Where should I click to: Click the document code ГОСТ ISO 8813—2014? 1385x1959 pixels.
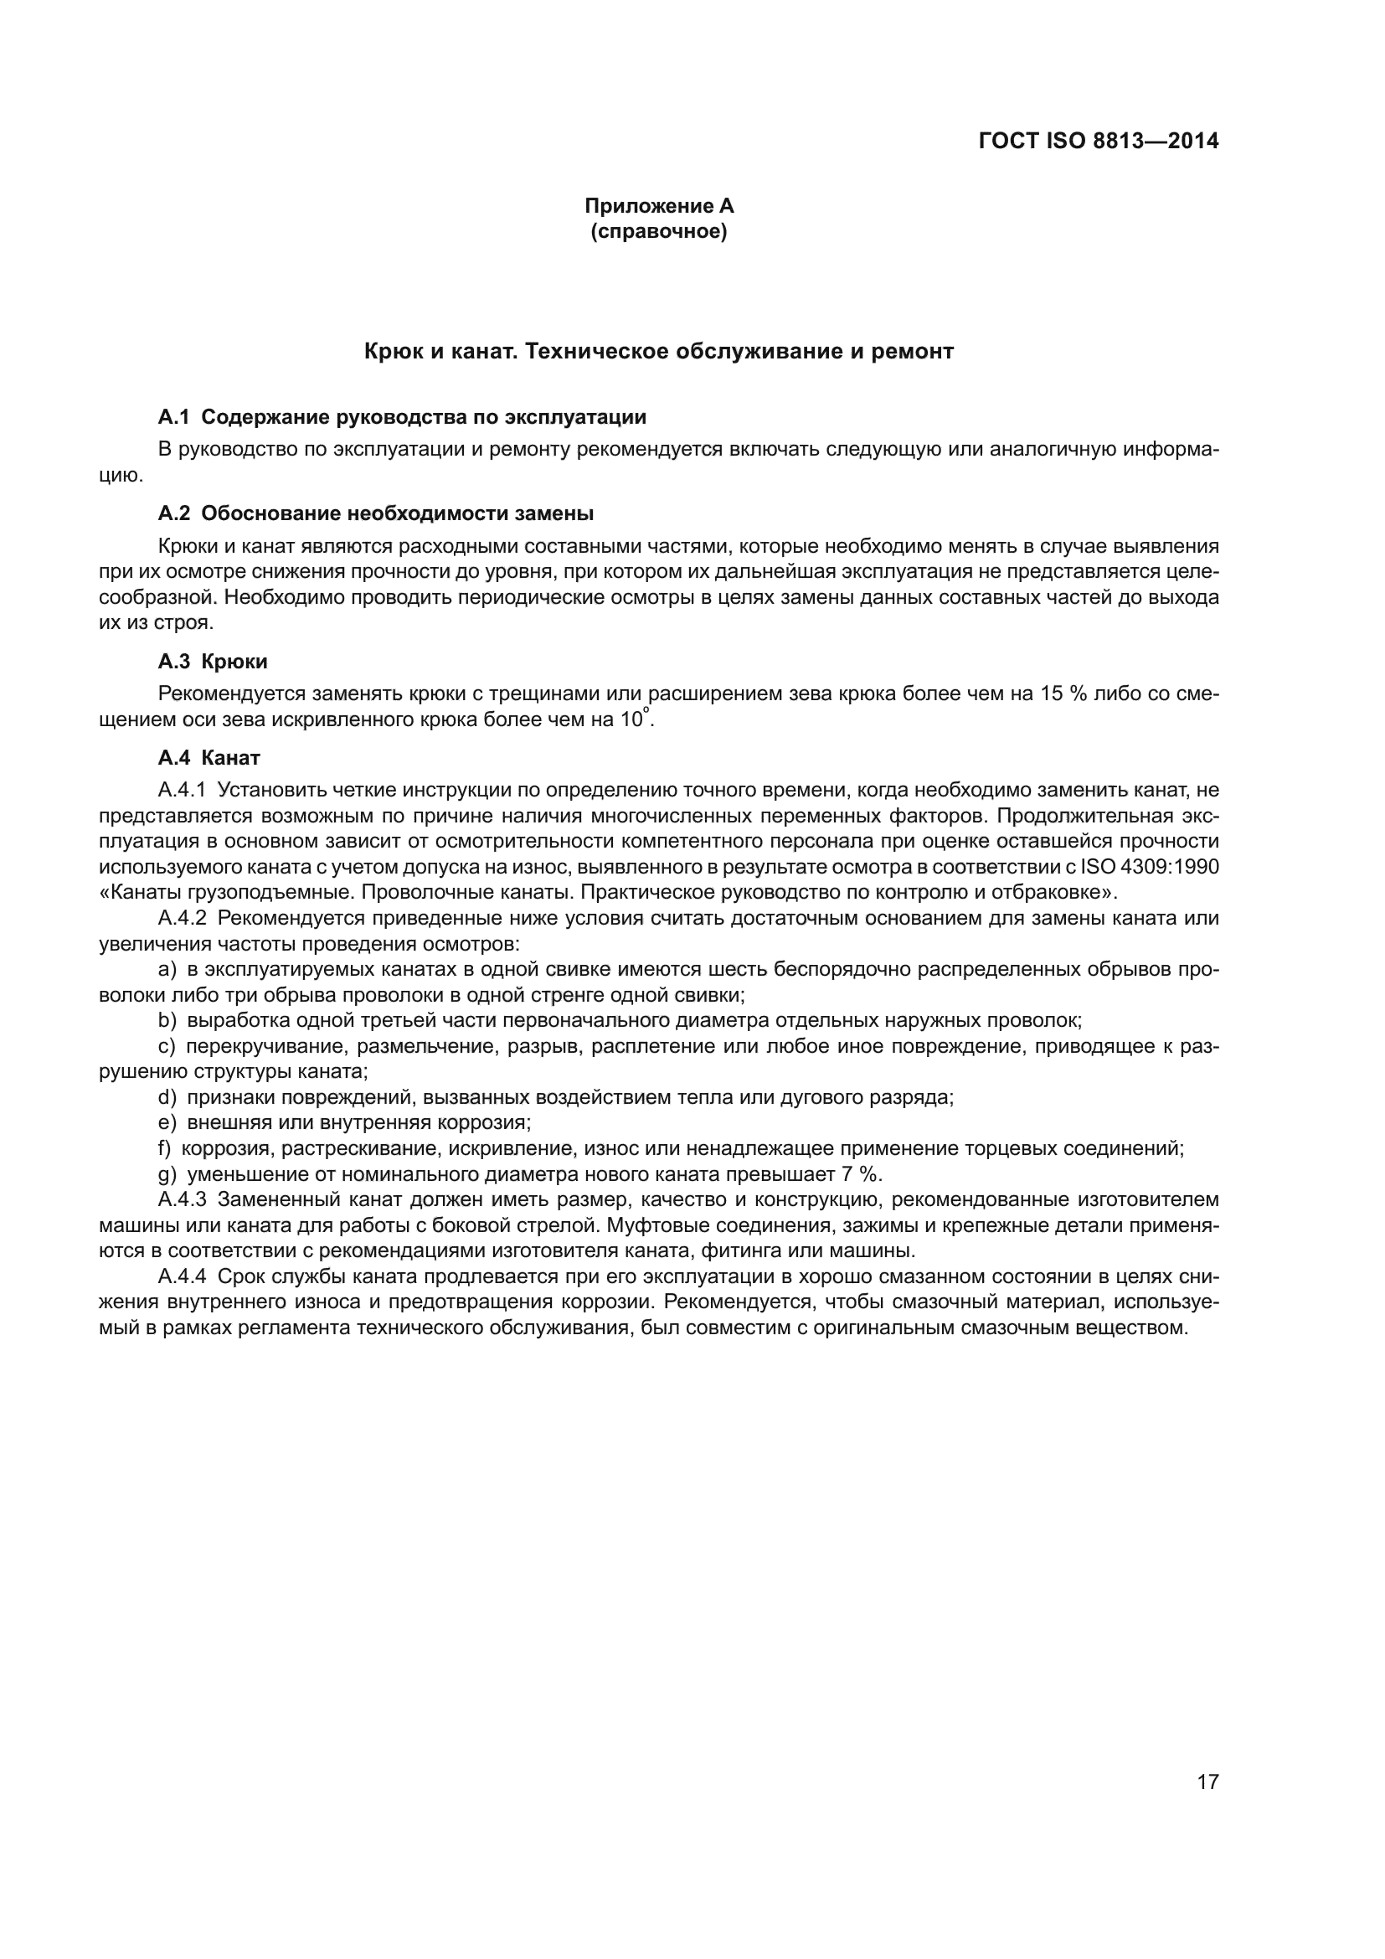point(1099,142)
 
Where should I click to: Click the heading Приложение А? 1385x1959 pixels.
point(658,206)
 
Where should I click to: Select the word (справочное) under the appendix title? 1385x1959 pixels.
point(658,231)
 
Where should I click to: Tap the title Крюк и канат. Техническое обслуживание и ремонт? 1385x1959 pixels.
point(658,352)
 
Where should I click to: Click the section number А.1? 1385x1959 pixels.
point(173,417)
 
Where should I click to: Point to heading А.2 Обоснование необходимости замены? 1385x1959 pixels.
point(376,513)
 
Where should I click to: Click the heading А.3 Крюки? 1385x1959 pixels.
point(213,662)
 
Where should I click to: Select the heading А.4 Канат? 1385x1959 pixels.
point(209,758)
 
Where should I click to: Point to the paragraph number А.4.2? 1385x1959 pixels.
point(183,918)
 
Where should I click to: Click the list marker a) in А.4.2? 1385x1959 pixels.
point(167,969)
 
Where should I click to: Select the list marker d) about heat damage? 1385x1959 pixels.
point(167,1097)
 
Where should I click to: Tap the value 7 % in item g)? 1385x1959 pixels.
point(862,1174)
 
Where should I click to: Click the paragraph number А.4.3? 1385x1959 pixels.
point(183,1199)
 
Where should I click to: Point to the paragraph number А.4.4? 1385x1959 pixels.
point(183,1276)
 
